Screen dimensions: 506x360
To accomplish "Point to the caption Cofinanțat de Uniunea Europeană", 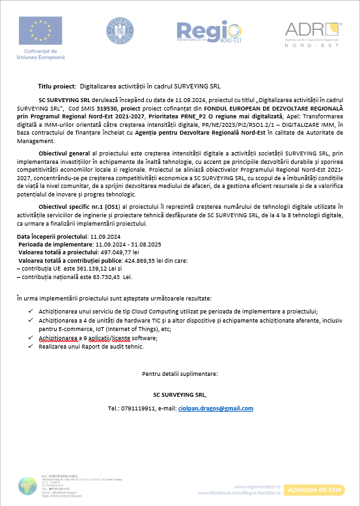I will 40,54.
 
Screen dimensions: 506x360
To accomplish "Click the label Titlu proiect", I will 57,86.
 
